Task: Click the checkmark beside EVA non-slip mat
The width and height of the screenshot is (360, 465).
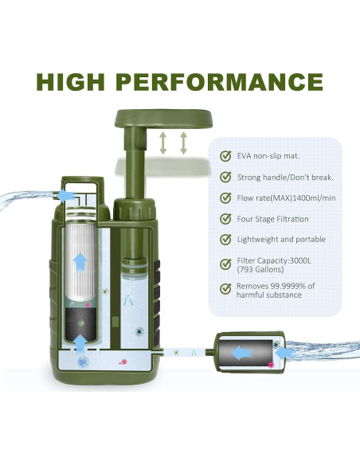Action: click(x=225, y=156)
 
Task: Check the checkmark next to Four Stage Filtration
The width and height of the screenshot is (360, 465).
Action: click(x=225, y=219)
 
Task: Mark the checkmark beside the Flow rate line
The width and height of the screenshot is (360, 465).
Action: click(x=225, y=198)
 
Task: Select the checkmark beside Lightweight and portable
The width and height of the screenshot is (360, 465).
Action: click(x=225, y=240)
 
